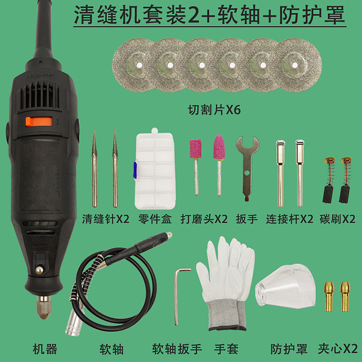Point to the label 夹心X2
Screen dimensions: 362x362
tap(338, 349)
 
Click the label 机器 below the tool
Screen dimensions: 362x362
tap(45, 349)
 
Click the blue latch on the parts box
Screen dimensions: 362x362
tap(134, 168)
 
